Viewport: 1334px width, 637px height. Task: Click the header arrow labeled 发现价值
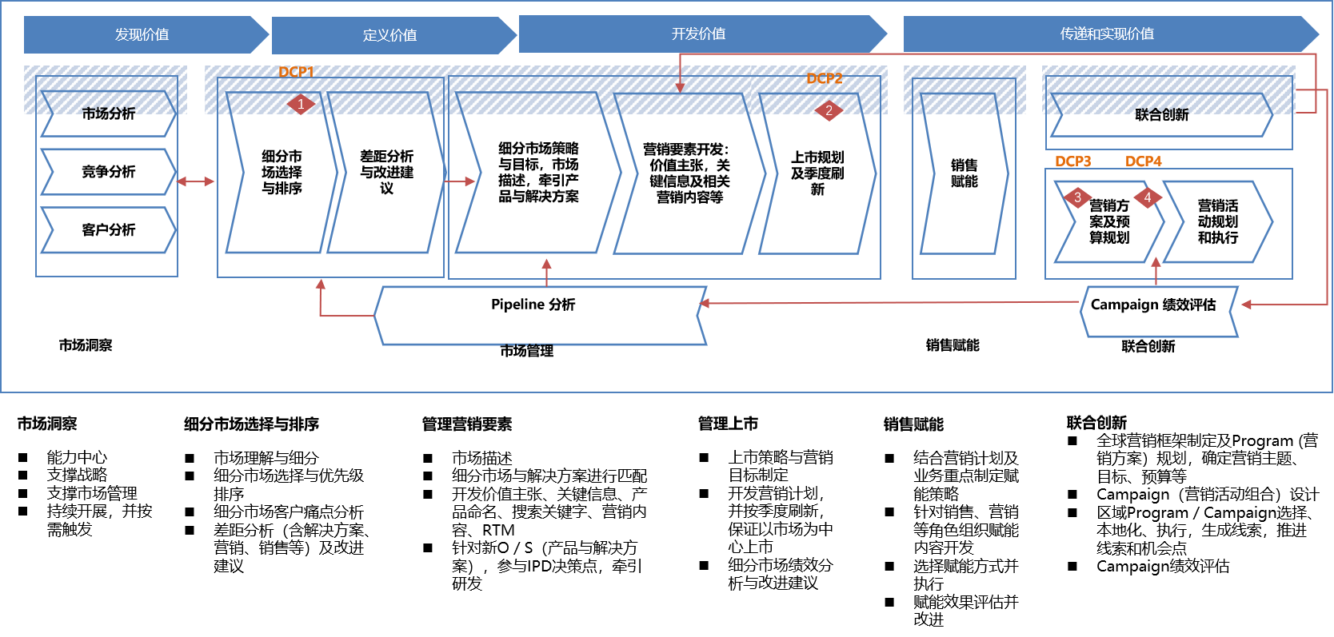click(x=142, y=34)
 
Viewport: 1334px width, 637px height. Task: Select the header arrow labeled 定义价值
click(x=389, y=35)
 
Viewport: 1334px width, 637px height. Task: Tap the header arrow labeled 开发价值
click(x=698, y=34)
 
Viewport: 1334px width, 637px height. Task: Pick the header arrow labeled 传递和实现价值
click(x=1107, y=34)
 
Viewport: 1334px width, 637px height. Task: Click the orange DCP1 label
click(x=296, y=72)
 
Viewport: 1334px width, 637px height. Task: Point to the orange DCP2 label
click(x=825, y=78)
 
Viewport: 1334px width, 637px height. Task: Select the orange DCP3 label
click(x=1072, y=161)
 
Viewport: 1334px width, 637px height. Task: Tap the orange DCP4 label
click(x=1143, y=161)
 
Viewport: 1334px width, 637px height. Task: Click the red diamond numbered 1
click(x=301, y=104)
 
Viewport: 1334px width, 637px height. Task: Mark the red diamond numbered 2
click(x=829, y=110)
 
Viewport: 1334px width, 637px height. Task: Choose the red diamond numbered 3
click(x=1077, y=197)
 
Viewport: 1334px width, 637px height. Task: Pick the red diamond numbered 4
click(x=1148, y=197)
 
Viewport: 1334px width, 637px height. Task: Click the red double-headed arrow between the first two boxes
click(x=196, y=181)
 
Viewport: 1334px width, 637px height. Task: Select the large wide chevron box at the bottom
click(x=541, y=316)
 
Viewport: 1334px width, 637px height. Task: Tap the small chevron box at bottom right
click(x=1159, y=312)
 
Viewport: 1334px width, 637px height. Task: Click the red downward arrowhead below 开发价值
click(x=680, y=86)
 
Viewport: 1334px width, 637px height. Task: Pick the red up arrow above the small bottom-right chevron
click(x=1156, y=263)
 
